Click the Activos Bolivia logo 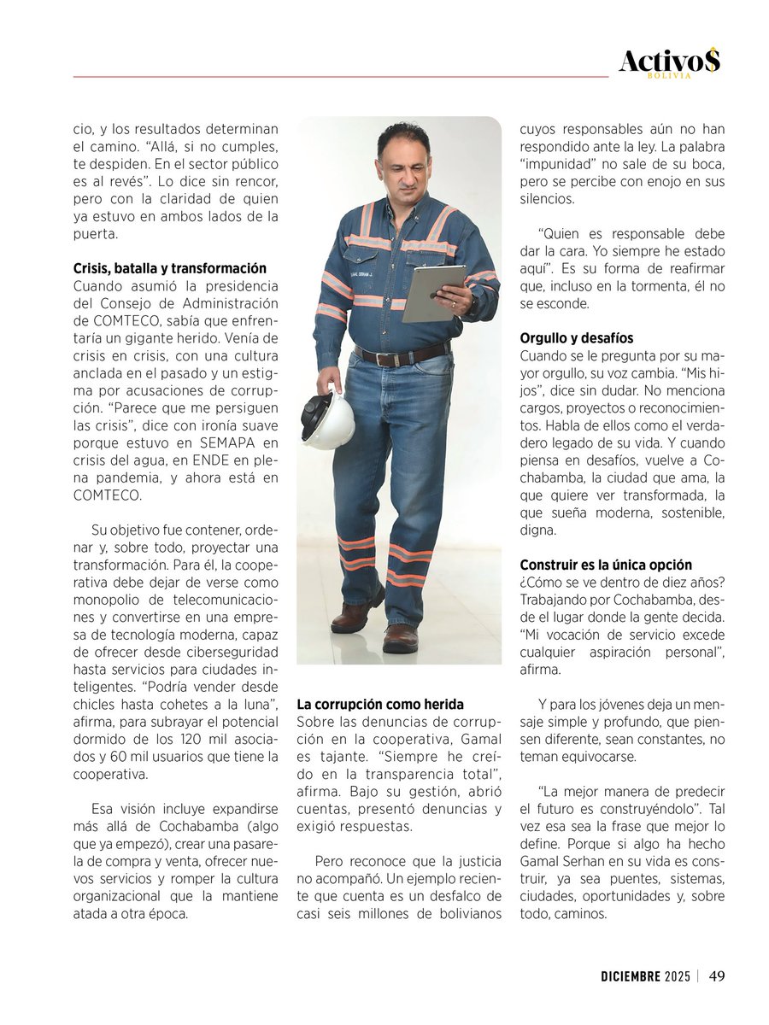[669, 62]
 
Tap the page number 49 [718, 975]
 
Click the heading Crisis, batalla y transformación [169, 268]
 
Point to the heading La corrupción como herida [380, 705]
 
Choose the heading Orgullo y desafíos [577, 338]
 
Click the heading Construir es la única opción [606, 565]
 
